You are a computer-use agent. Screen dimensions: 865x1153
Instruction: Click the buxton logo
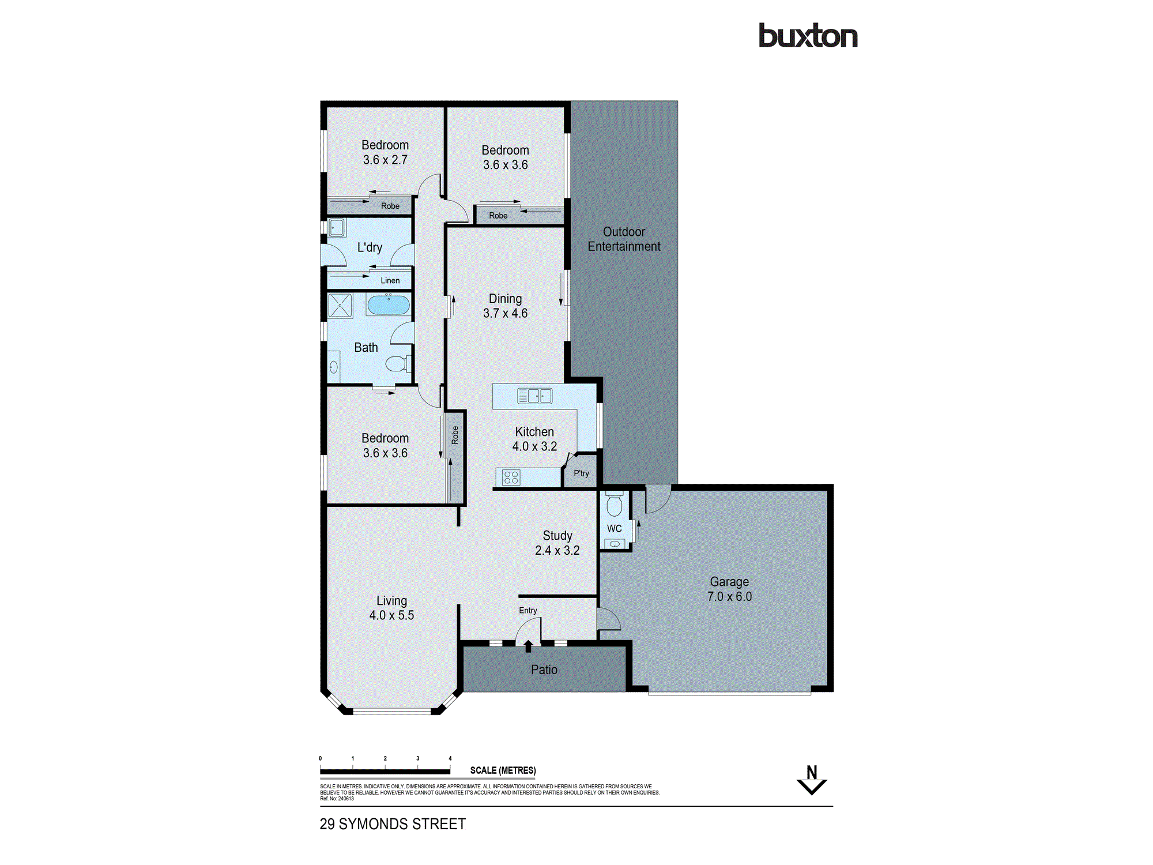click(x=808, y=36)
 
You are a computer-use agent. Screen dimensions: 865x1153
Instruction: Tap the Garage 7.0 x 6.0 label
click(x=729, y=589)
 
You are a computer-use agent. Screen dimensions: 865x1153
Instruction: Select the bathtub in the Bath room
click(x=389, y=304)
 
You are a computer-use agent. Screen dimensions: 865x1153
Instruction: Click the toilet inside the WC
click(x=615, y=505)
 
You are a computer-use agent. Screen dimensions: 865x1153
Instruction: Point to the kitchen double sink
click(x=534, y=396)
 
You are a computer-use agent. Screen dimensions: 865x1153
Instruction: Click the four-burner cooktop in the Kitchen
click(x=511, y=477)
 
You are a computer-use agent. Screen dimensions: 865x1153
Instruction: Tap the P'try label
click(x=581, y=473)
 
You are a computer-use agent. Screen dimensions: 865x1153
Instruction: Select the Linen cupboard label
click(x=390, y=281)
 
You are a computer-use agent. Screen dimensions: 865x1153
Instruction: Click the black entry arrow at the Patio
click(x=528, y=646)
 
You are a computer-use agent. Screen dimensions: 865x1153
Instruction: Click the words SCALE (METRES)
click(x=503, y=770)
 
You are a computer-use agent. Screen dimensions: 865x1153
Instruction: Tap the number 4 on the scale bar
click(x=450, y=758)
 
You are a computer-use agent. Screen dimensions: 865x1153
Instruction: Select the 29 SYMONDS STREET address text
click(x=393, y=824)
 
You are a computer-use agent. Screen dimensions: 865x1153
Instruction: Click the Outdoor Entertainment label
click(x=624, y=239)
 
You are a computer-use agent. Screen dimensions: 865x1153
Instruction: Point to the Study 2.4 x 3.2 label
click(x=557, y=543)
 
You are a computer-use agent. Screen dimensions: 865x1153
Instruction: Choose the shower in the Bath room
click(x=340, y=306)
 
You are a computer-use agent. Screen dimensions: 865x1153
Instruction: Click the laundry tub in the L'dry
click(x=337, y=228)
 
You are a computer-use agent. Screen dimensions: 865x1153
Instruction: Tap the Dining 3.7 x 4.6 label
click(x=505, y=306)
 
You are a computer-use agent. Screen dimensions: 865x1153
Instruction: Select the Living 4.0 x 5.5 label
click(x=391, y=608)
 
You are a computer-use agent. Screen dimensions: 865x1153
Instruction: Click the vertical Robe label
click(x=455, y=435)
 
